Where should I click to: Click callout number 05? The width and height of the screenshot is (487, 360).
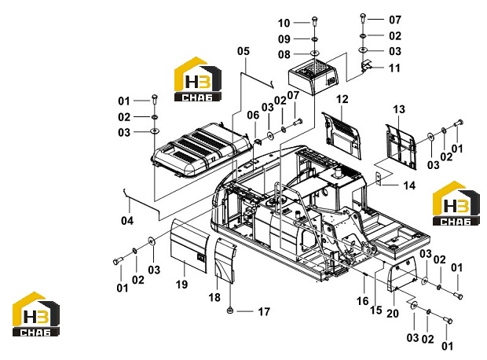(x=243, y=51)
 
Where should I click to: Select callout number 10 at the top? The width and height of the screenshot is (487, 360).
(x=284, y=23)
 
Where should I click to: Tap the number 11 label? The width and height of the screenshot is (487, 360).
(x=395, y=68)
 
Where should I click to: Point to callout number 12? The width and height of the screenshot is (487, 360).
(x=342, y=100)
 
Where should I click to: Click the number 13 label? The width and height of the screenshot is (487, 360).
(x=399, y=109)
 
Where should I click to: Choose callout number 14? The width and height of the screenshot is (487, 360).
(x=409, y=186)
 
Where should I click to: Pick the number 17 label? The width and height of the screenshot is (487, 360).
(x=264, y=311)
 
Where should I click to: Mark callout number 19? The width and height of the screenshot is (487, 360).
(x=181, y=284)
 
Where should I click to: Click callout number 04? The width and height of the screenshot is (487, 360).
(x=127, y=221)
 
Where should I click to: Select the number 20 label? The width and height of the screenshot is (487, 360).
(x=393, y=314)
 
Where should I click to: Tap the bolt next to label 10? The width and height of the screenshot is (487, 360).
(x=314, y=22)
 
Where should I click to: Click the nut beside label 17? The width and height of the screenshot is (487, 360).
(x=230, y=310)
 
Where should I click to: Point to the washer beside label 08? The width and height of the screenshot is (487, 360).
(x=315, y=53)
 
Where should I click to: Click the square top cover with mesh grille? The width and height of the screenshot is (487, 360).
(x=313, y=76)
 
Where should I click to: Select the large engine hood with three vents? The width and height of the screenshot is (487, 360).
(x=201, y=150)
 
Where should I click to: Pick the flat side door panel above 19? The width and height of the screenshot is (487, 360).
(x=189, y=245)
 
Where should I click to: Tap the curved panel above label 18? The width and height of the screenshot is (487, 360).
(x=225, y=260)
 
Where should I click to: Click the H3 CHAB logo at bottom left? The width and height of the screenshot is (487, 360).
(x=35, y=314)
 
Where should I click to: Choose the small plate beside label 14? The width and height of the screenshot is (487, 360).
(x=378, y=178)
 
